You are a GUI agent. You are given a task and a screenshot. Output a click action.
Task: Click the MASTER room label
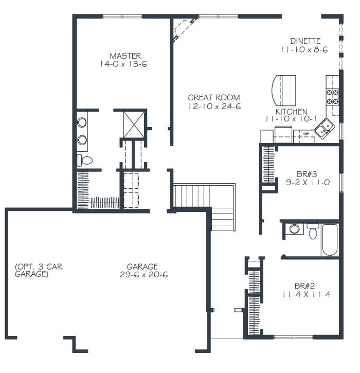(125, 56)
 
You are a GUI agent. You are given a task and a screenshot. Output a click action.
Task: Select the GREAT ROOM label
(213, 97)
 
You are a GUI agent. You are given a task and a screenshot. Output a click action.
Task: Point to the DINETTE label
(305, 41)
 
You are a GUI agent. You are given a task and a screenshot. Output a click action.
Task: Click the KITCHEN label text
(291, 111)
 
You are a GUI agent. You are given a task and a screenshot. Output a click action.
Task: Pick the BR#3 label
(303, 173)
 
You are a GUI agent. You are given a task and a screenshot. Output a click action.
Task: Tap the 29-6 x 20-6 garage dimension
(142, 275)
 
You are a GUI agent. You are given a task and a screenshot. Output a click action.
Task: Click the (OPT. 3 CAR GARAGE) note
(39, 271)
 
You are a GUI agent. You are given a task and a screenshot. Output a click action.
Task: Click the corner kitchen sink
(324, 128)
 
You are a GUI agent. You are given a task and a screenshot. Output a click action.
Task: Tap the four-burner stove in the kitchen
(332, 96)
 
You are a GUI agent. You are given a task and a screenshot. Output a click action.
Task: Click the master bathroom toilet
(85, 160)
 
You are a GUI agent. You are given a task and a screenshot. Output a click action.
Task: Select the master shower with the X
(133, 125)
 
